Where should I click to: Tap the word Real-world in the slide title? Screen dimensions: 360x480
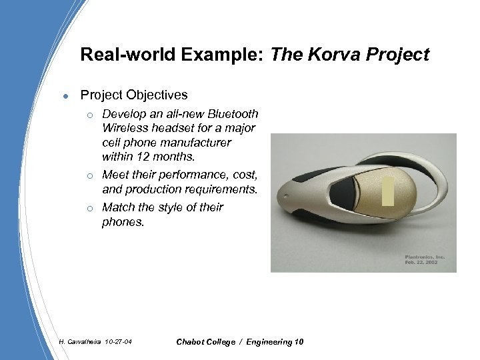[x=129, y=54]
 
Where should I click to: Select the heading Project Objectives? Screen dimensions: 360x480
[x=133, y=95]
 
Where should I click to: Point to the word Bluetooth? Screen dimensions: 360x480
[x=231, y=114]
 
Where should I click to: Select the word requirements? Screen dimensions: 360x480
[x=218, y=189]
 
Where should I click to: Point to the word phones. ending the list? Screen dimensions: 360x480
[x=123, y=221]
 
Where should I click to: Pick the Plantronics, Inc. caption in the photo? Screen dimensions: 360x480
[x=424, y=256]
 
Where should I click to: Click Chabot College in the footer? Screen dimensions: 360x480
[x=207, y=342]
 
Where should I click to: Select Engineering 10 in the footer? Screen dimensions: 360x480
[x=275, y=342]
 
